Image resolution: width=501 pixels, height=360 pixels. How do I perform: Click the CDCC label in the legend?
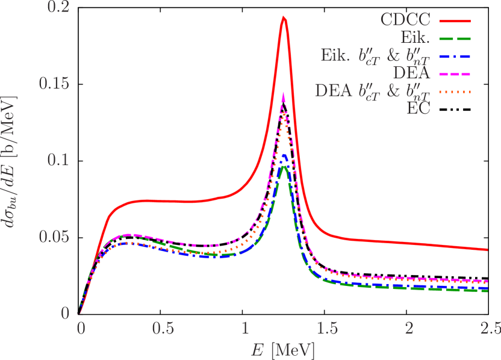click(x=405, y=20)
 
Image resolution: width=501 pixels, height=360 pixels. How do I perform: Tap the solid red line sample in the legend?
click(x=454, y=20)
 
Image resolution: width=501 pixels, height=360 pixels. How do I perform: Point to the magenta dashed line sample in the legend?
click(x=454, y=75)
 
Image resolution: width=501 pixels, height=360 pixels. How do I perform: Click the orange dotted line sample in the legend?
click(x=454, y=92)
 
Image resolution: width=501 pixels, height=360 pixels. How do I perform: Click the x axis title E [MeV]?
click(x=284, y=349)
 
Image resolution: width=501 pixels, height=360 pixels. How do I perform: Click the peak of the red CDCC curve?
click(x=284, y=17)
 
